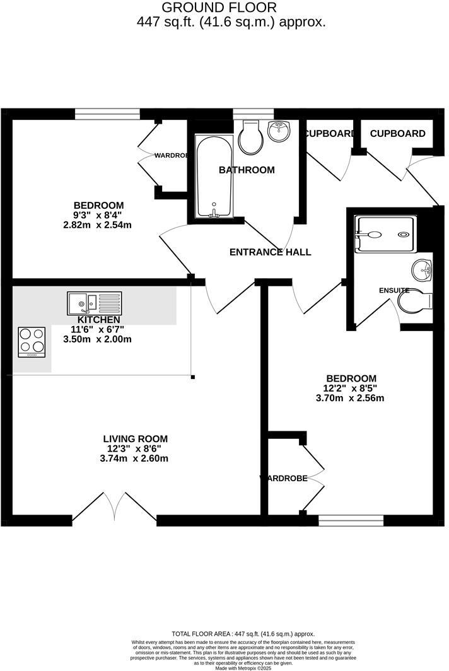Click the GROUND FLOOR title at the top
pyautogui.click(x=219, y=8)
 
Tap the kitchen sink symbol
pyautogui.click(x=95, y=303)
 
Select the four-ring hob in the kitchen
pyautogui.click(x=32, y=342)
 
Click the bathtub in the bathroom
pyautogui.click(x=214, y=176)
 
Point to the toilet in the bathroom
pyautogui.click(x=250, y=137)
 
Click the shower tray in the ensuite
pyautogui.click(x=385, y=235)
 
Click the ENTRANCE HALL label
pyautogui.click(x=270, y=252)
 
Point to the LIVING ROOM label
pyautogui.click(x=137, y=439)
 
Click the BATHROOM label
pyautogui.click(x=247, y=170)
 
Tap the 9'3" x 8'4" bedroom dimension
pyautogui.click(x=98, y=215)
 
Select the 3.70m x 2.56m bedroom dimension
pyautogui.click(x=350, y=398)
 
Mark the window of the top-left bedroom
pyautogui.click(x=107, y=114)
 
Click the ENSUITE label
pyautogui.click(x=394, y=290)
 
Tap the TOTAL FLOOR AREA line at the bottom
pyautogui.click(x=243, y=634)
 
